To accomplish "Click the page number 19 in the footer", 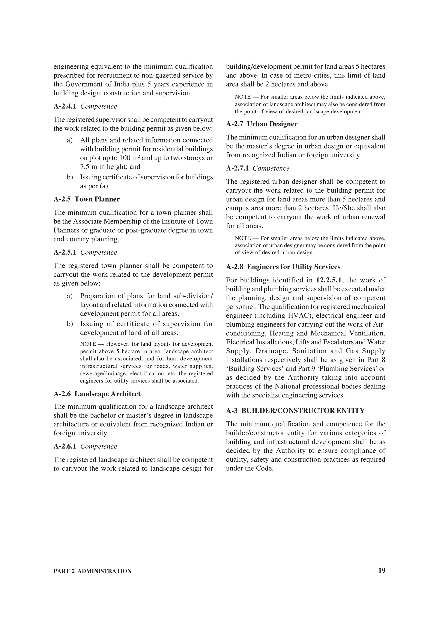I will coord(382,571).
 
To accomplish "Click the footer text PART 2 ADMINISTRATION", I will coord(93,571).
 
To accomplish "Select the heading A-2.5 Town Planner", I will coord(87,199).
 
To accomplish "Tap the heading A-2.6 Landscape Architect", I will coord(97,394).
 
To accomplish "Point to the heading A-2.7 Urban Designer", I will coord(262,124).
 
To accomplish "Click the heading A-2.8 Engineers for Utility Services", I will coord(283,267).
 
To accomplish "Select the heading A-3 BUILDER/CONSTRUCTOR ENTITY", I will coord(295,411).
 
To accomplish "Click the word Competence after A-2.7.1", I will coord(271,168).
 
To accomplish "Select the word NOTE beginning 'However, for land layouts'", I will coord(88,344).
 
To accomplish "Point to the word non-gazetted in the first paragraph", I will coord(162,75).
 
